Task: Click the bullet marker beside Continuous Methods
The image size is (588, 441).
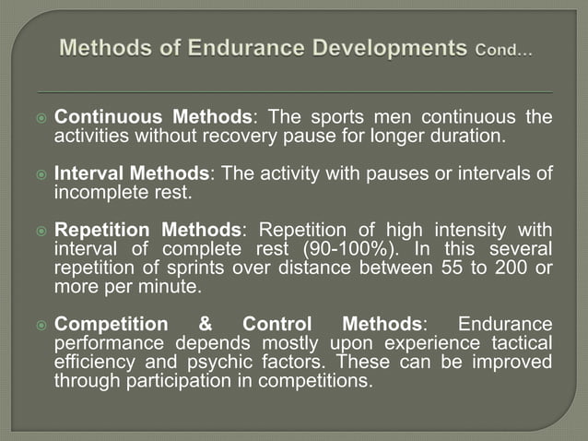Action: [39, 118]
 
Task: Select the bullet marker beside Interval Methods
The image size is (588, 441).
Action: [39, 174]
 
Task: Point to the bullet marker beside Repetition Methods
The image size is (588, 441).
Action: [39, 231]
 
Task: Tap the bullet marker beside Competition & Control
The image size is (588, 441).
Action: [39, 325]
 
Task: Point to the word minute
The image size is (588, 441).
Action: [172, 287]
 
